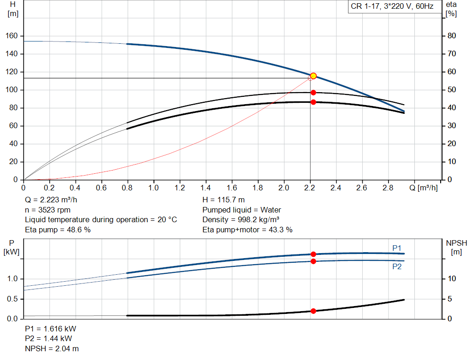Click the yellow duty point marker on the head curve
(x=313, y=76)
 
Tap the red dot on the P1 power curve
(x=313, y=254)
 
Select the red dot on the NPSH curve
(x=313, y=311)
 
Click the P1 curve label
(x=397, y=248)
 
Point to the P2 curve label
(x=397, y=266)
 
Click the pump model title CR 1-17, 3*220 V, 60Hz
(x=392, y=7)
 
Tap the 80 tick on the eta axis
(x=452, y=36)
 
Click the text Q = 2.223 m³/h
(x=51, y=201)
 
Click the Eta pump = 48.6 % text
(x=58, y=230)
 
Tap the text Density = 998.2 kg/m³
(x=241, y=220)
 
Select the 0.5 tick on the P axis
(x=12, y=299)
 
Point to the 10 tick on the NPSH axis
(x=452, y=279)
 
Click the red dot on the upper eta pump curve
(x=313, y=93)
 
